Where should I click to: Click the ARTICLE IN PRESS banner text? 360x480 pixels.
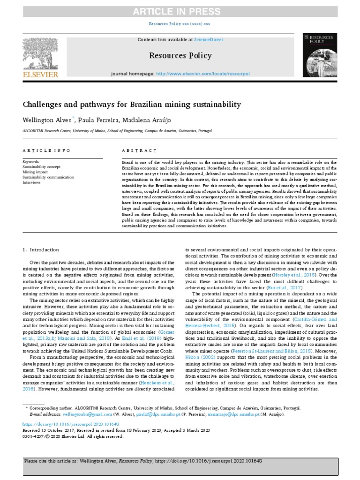[x=180, y=11]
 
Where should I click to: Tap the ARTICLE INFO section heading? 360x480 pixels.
[x=47, y=150]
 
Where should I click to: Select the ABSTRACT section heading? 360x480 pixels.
[x=139, y=150]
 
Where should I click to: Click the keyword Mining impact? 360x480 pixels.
[x=36, y=172]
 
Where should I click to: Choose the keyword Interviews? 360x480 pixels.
[x=32, y=182]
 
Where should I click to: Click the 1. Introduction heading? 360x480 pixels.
[x=41, y=250]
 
